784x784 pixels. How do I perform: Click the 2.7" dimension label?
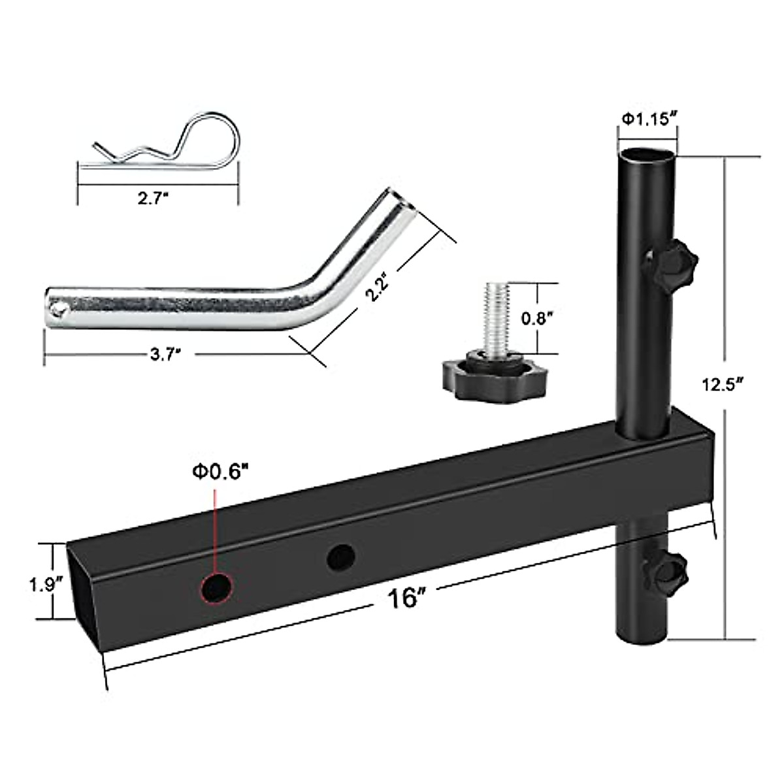[x=154, y=199]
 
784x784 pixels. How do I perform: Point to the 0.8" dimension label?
[x=539, y=318]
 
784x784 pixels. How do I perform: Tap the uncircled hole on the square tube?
[x=340, y=557]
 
